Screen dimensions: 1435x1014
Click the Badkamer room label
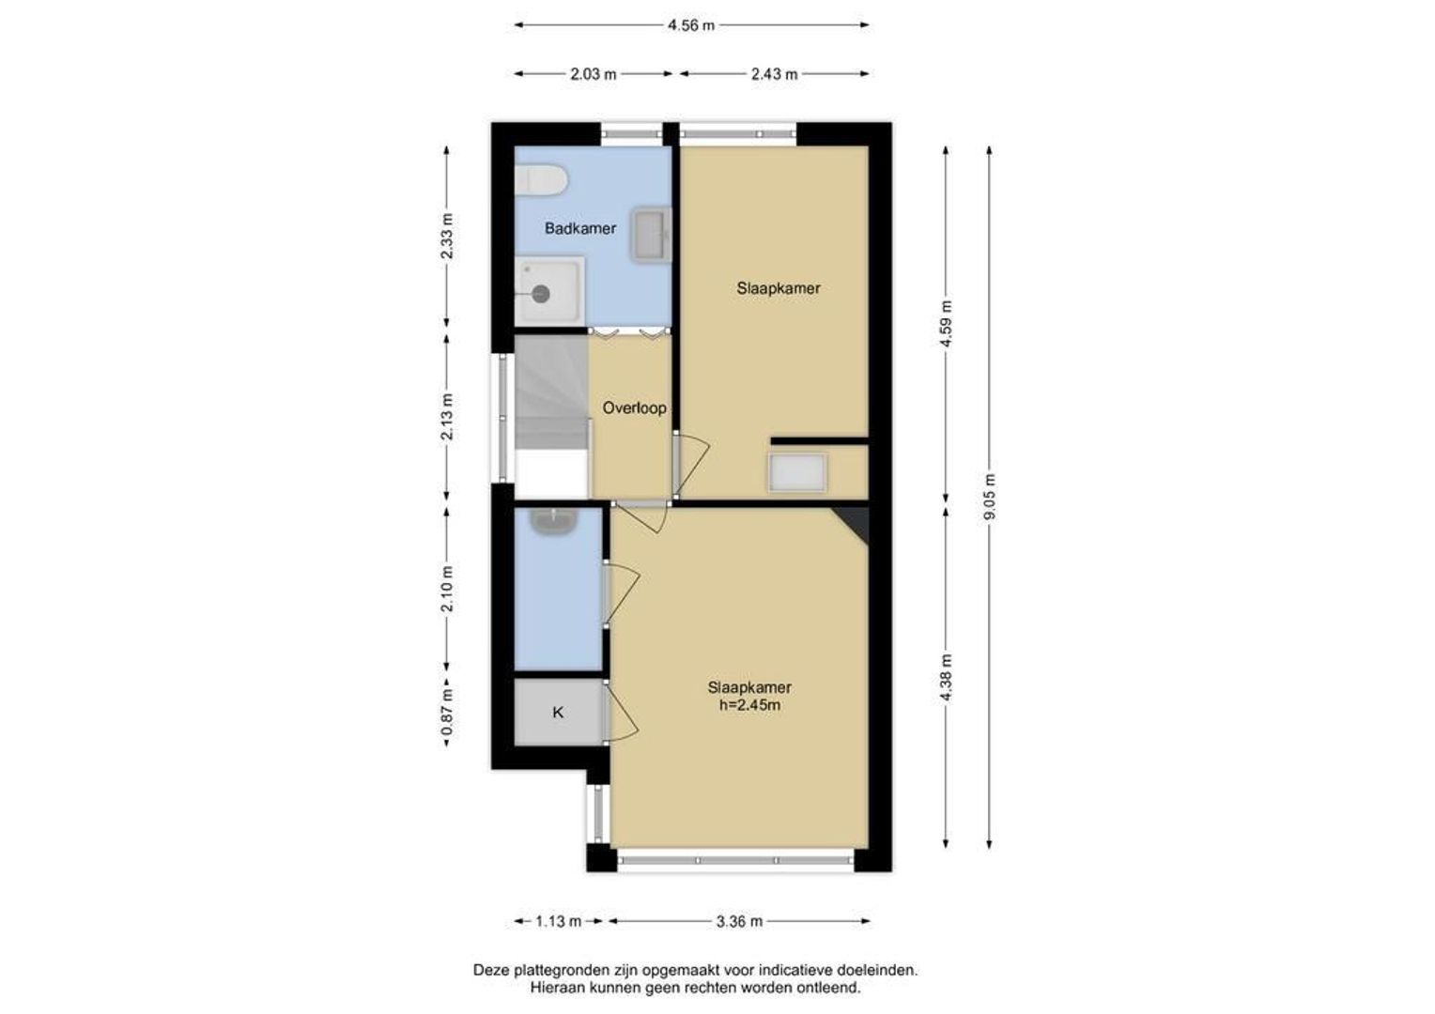(x=580, y=228)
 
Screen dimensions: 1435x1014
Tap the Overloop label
(x=634, y=408)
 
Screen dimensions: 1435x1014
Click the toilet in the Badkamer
(x=541, y=179)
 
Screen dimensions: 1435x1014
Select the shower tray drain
(x=541, y=294)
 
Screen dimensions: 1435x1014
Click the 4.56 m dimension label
(x=691, y=25)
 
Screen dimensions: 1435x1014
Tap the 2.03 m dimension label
(x=594, y=74)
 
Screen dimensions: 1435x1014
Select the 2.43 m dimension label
(x=775, y=74)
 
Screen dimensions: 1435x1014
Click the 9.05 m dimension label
(x=991, y=497)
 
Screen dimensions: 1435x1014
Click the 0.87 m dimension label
(x=448, y=712)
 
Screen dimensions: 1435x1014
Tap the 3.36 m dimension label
(x=739, y=922)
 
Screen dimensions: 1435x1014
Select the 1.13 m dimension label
(x=559, y=922)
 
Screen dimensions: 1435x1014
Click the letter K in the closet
(x=558, y=713)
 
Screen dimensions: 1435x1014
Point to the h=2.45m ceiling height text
(x=749, y=706)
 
